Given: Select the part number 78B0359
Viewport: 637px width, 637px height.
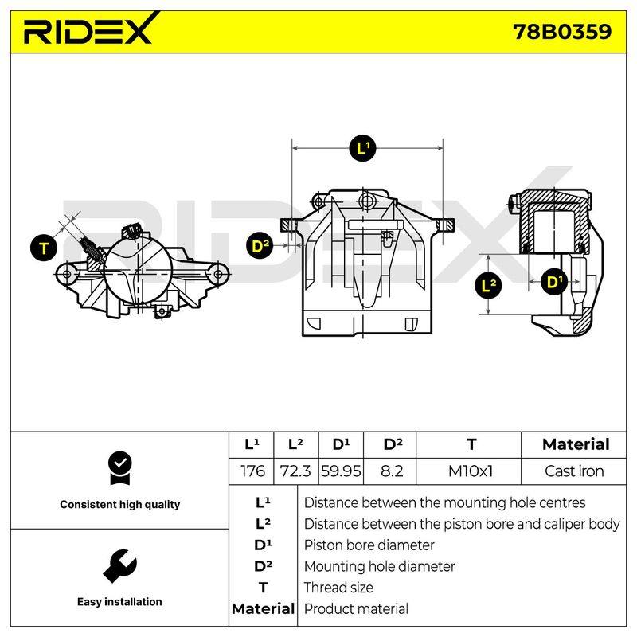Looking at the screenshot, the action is coord(562,32).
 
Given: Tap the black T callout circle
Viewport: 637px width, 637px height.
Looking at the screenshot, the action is coord(44,248).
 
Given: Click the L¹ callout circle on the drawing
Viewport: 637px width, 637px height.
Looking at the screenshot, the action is coord(362,148).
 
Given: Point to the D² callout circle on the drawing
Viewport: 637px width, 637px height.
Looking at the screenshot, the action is coord(260,246).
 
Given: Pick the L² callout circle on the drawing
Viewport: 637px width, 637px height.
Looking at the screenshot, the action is coord(488,285).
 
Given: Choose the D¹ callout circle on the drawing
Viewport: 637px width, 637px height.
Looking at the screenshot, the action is coord(554,281).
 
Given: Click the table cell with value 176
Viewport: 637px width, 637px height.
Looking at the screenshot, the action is coord(252,471).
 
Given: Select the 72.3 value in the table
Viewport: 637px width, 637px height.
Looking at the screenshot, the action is coord(295,471).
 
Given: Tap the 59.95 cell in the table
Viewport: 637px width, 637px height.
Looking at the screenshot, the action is coord(341,471).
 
